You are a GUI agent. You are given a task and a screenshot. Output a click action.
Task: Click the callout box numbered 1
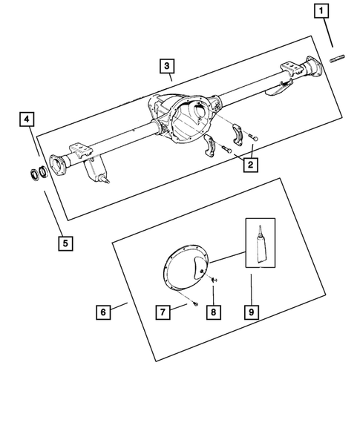[x=321, y=11]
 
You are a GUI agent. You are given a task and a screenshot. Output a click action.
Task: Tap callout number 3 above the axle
[x=168, y=65]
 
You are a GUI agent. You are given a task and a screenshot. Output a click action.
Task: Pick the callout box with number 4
[x=27, y=119]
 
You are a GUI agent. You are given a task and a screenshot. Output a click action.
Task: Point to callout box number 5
[x=65, y=241]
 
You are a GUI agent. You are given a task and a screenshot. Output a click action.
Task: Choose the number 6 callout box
[x=103, y=312]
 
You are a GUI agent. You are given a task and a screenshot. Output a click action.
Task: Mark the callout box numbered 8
[x=212, y=312]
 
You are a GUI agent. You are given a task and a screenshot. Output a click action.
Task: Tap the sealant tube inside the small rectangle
[x=259, y=243]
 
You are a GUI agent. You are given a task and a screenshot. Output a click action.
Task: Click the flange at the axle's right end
[x=309, y=71]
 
